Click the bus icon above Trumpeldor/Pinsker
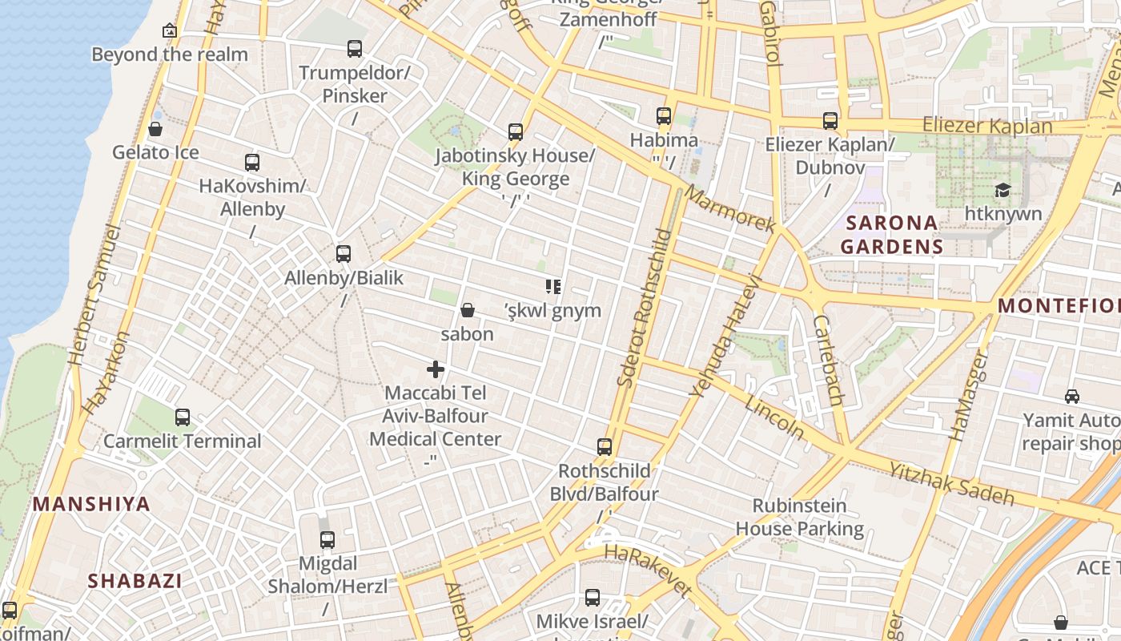[355, 49]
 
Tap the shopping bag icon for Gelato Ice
[155, 129]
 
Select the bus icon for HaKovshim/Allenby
[252, 163]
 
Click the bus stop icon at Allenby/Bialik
[344, 254]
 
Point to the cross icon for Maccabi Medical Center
[436, 369]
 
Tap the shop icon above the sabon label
[468, 310]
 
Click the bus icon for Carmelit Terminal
[183, 417]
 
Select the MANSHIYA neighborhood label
[91, 504]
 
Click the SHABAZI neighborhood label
[135, 581]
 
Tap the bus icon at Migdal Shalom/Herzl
[327, 540]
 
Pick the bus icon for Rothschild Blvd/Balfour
[605, 447]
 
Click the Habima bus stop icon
[664, 116]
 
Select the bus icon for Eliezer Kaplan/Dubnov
[830, 121]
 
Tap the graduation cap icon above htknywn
[1002, 190]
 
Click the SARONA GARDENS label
[892, 234]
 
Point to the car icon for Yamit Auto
[1071, 396]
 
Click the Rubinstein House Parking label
[799, 517]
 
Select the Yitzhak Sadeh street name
[951, 482]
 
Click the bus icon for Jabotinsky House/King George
[516, 132]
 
